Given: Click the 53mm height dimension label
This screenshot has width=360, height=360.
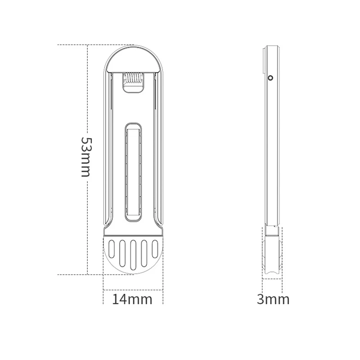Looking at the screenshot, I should [x=86, y=156].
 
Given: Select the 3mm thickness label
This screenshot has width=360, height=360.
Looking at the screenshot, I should [x=273, y=299].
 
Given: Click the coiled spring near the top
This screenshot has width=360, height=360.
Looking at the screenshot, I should [x=133, y=78].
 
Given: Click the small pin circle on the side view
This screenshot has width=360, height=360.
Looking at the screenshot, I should [x=270, y=78].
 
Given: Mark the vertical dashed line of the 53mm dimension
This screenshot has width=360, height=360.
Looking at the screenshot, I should [x=88, y=112].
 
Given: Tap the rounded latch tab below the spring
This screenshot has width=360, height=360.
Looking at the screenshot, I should [x=133, y=90].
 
